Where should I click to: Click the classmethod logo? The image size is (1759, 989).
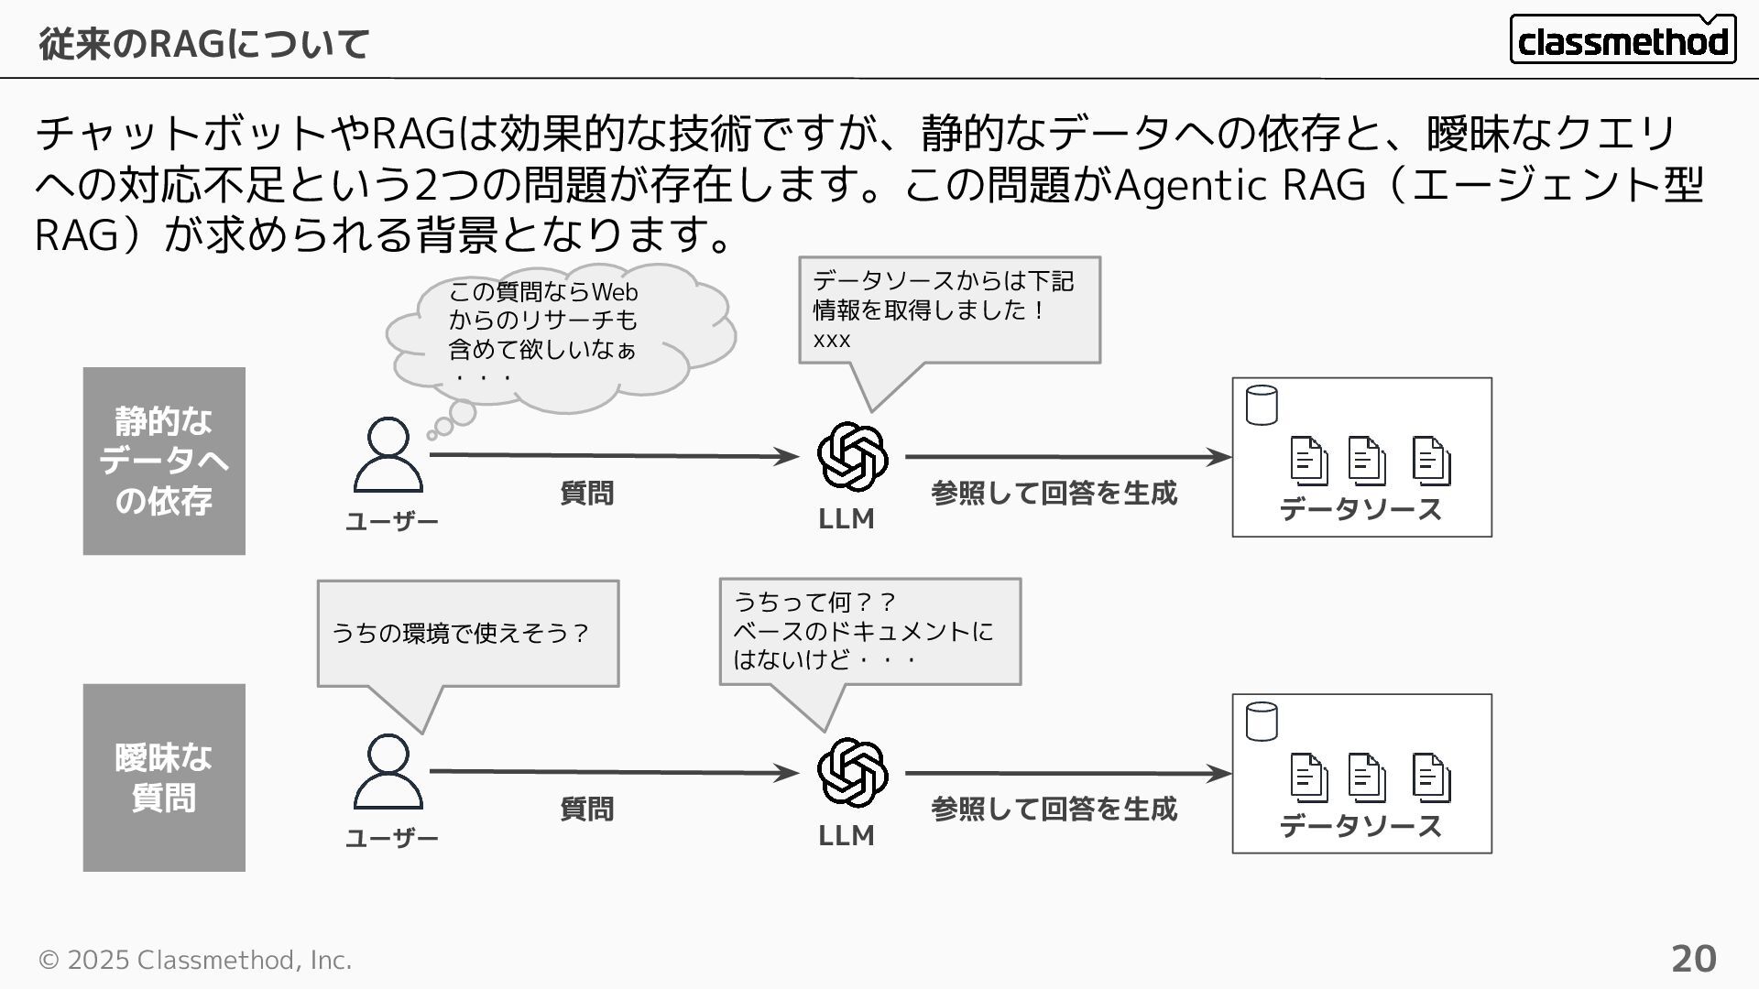1622,39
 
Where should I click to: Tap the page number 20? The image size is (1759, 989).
1693,959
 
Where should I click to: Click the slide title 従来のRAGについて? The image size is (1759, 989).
203,43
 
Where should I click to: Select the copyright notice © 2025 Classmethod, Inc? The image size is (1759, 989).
194,960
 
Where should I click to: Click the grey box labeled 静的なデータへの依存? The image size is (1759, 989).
164,461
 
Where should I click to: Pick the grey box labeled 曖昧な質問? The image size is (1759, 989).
164,777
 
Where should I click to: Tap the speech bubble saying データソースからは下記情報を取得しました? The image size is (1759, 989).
949,310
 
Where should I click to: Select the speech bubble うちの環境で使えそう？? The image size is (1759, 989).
467,633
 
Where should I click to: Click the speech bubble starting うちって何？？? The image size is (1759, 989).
869,631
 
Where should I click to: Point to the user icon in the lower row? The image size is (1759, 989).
388,771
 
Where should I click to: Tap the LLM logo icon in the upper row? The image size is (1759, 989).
852,456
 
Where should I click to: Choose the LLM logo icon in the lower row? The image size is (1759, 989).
852,773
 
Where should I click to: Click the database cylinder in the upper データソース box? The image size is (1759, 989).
1262,406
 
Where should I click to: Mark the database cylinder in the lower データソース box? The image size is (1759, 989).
1262,722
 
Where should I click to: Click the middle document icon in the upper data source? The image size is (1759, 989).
1366,461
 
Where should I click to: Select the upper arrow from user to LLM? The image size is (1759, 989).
614,455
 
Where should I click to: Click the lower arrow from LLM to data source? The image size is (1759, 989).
1068,773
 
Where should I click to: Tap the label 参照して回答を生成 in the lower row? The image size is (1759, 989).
1054,809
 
